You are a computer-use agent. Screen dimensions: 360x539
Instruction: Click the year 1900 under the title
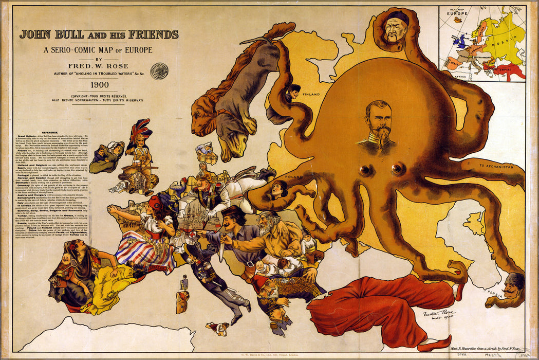coord(99,84)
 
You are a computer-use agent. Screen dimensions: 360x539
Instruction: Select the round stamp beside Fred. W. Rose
coord(159,70)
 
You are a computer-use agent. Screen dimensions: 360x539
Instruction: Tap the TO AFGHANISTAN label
coord(496,167)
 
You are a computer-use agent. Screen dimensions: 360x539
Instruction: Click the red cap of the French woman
coord(156,202)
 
